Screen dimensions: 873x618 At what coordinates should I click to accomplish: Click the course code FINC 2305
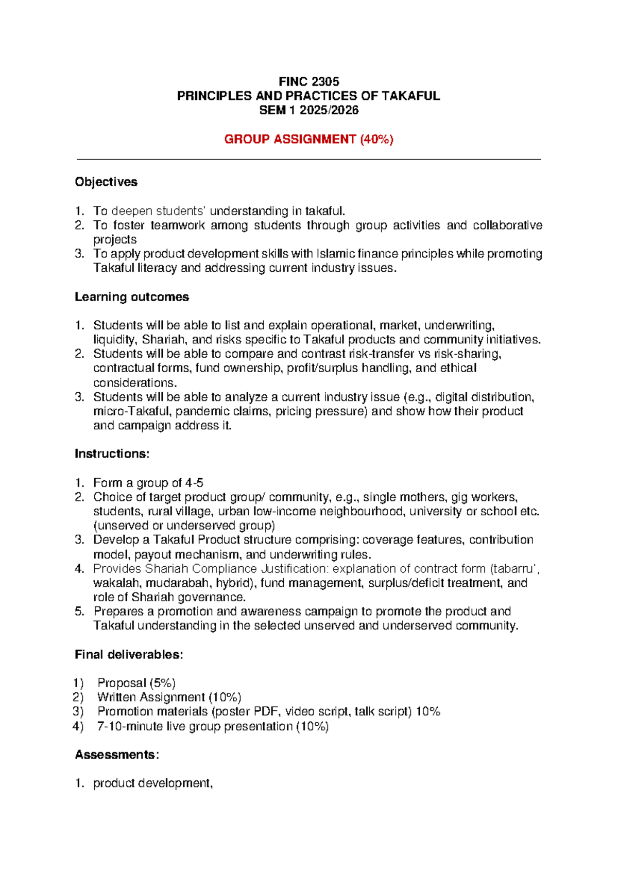click(x=308, y=81)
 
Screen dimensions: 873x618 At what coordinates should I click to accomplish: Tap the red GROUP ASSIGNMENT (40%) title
click(x=308, y=139)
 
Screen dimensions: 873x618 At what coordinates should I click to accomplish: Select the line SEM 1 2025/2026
click(x=308, y=110)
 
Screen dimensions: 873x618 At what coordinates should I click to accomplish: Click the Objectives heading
click(x=106, y=182)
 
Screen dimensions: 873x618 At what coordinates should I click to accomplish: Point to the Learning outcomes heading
click(x=132, y=297)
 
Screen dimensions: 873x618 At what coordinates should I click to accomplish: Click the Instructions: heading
click(x=112, y=453)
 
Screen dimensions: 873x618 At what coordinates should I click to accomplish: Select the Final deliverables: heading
click(x=129, y=655)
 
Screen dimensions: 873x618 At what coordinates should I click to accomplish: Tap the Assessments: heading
click(x=116, y=755)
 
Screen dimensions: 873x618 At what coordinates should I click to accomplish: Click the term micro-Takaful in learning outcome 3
click(x=127, y=411)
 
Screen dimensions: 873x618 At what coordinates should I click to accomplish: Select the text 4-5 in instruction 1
click(x=194, y=483)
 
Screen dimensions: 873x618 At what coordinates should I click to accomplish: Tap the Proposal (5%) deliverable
click(x=136, y=683)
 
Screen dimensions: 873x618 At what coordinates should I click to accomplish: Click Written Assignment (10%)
click(x=169, y=697)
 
